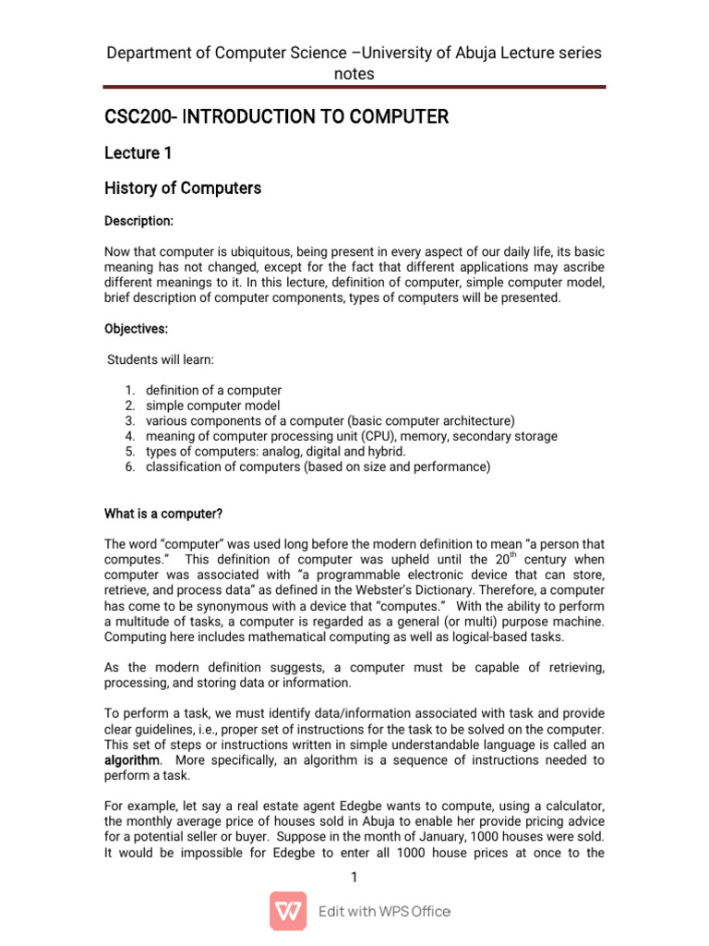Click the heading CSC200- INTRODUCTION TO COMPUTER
pos(277,117)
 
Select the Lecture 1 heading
pos(138,152)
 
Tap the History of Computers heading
pos(183,188)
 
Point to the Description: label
pos(138,222)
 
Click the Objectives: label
pos(137,329)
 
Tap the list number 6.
pos(130,467)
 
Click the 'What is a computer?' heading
pos(163,514)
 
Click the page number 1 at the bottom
pos(354,877)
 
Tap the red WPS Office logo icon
pos(288,911)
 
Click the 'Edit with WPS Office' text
pos(384,912)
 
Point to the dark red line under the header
pos(354,88)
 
